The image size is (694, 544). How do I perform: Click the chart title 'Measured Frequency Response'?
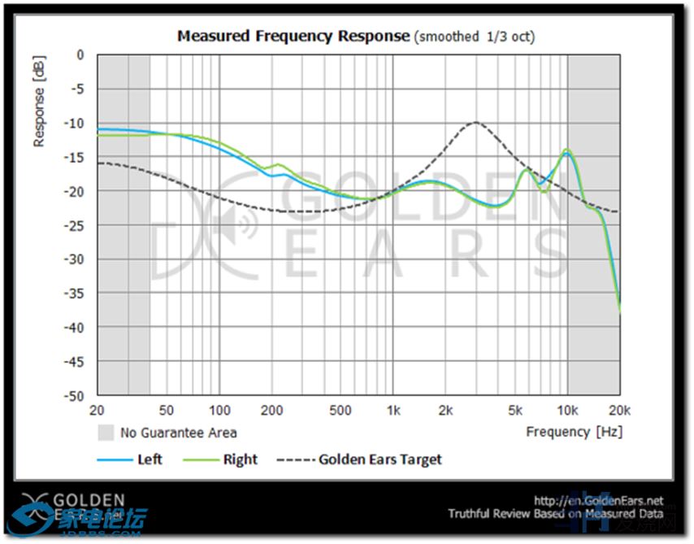tap(293, 36)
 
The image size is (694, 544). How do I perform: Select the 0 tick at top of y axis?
tap(80, 55)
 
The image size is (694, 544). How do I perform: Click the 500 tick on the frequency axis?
tap(340, 410)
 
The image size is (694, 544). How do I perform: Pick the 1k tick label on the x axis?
tap(393, 410)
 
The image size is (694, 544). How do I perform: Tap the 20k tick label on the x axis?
tap(619, 410)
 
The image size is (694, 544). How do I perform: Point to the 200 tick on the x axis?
tap(272, 410)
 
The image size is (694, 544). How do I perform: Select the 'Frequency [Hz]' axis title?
tap(574, 432)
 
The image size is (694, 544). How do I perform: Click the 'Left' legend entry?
tap(150, 459)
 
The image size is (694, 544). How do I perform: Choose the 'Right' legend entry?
tap(240, 459)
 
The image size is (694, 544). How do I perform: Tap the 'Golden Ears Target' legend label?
tap(380, 459)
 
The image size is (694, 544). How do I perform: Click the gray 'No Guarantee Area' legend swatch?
tap(106, 432)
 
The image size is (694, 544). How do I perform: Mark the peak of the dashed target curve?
tap(475, 123)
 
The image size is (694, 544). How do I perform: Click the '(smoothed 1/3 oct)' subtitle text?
tap(475, 37)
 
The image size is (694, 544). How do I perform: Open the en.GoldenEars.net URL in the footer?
tap(598, 501)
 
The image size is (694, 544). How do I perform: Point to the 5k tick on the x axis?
tap(514, 410)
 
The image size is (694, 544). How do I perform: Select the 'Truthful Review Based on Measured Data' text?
tap(556, 514)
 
